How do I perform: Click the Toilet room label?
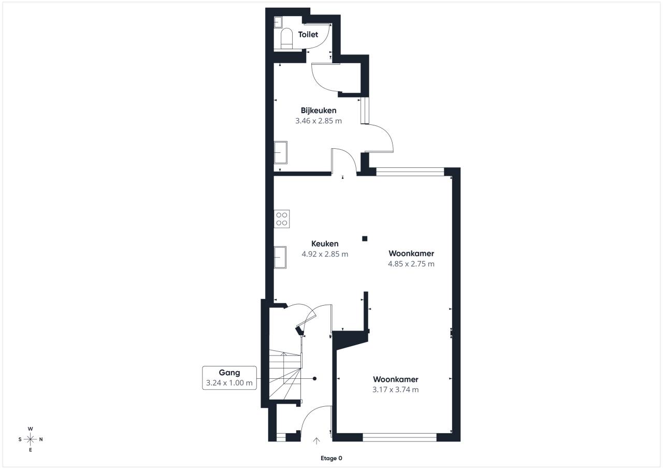(308, 35)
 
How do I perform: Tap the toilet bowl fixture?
(286, 38)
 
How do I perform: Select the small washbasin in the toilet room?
(278, 22)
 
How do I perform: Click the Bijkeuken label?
(319, 110)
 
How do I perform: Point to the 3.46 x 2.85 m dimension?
(319, 121)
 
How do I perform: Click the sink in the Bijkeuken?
(280, 152)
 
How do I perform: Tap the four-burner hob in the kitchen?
(281, 219)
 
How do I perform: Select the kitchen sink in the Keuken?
(280, 257)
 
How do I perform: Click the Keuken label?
(325, 244)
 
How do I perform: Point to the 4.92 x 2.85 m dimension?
(325, 254)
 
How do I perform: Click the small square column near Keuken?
(365, 238)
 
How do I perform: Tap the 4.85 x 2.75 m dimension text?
(411, 264)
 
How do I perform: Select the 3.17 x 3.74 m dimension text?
(395, 390)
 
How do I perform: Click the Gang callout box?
(229, 378)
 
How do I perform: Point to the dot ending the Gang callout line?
(314, 379)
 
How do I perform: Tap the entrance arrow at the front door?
(316, 441)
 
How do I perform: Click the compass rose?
(30, 439)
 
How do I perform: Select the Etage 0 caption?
(331, 458)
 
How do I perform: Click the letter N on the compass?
(41, 439)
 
